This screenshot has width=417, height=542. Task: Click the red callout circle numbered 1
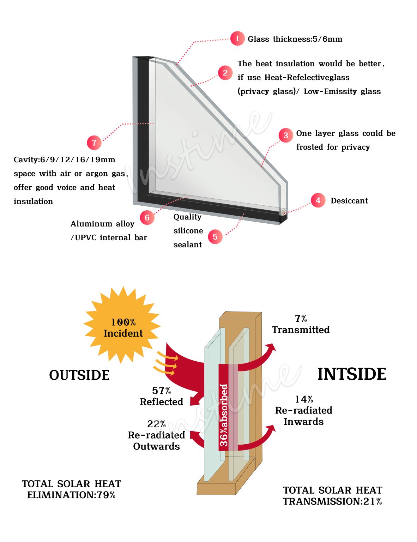(x=237, y=38)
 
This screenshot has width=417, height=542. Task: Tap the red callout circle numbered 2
(x=225, y=73)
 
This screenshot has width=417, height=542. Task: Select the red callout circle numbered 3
(x=286, y=135)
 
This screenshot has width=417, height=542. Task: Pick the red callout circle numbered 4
(x=318, y=200)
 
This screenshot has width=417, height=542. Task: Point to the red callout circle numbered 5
(x=215, y=237)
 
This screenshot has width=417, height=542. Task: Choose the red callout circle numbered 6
(x=147, y=218)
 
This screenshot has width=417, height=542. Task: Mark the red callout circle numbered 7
(x=94, y=143)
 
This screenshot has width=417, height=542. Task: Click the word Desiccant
(x=349, y=201)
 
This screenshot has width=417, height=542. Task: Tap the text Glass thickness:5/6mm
(x=295, y=39)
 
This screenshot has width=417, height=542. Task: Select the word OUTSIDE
(x=79, y=375)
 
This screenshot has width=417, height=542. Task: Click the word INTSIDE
(x=351, y=374)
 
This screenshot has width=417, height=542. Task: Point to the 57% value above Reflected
(x=161, y=391)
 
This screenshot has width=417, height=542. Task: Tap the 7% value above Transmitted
(x=301, y=319)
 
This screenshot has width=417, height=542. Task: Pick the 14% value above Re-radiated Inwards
(x=304, y=399)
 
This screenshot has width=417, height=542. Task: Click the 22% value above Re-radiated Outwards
(x=156, y=424)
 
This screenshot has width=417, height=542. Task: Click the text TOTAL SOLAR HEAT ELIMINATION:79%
(x=71, y=489)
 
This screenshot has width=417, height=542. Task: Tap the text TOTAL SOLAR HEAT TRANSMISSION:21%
(x=332, y=496)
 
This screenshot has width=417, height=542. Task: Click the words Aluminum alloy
(x=102, y=224)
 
